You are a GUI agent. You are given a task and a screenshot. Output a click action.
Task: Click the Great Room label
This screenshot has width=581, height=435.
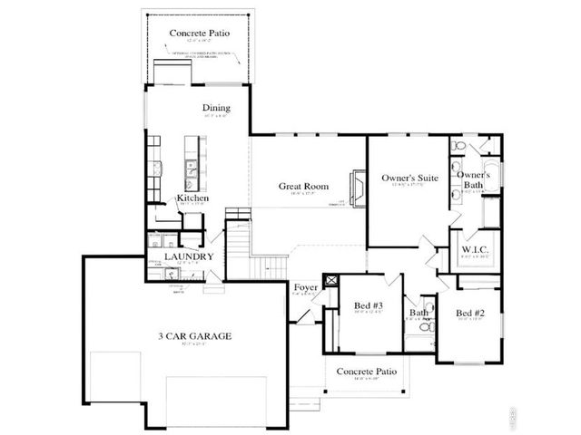302,186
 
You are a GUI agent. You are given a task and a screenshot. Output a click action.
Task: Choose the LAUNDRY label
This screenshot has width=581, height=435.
189,256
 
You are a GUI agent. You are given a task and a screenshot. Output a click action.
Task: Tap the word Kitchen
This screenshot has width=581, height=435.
193,198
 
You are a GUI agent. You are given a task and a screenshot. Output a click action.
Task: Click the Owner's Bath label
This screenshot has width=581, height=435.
474,179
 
